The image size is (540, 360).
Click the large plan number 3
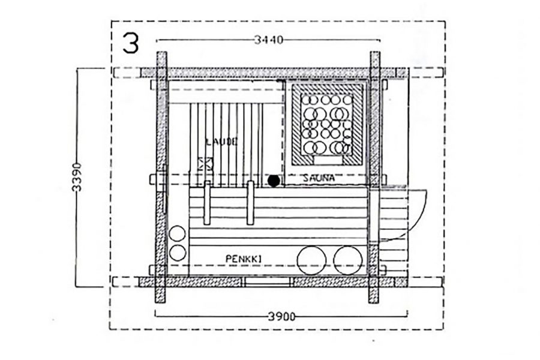pos(131,43)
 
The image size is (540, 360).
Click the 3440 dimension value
pos(269,40)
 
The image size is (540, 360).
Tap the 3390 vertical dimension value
pos(77,177)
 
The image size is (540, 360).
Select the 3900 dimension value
pos(281,317)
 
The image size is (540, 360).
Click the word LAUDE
pos(221,142)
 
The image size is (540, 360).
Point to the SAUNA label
pos(319,178)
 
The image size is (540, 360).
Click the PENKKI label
pos(244,259)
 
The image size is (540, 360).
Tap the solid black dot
pos(274,181)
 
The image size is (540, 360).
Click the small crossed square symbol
pos(205,164)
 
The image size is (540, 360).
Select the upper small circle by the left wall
pos(178,233)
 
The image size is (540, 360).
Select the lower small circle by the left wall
pos(178,253)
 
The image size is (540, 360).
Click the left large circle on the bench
pos(311,260)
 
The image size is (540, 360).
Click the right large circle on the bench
pos(348,260)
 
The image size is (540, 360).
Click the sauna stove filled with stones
pos(327,124)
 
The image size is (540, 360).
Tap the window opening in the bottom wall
pos(266,282)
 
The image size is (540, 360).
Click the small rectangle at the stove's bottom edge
pos(327,161)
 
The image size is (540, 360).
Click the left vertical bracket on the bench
pos(207,203)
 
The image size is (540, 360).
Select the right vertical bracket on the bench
pos(251,203)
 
